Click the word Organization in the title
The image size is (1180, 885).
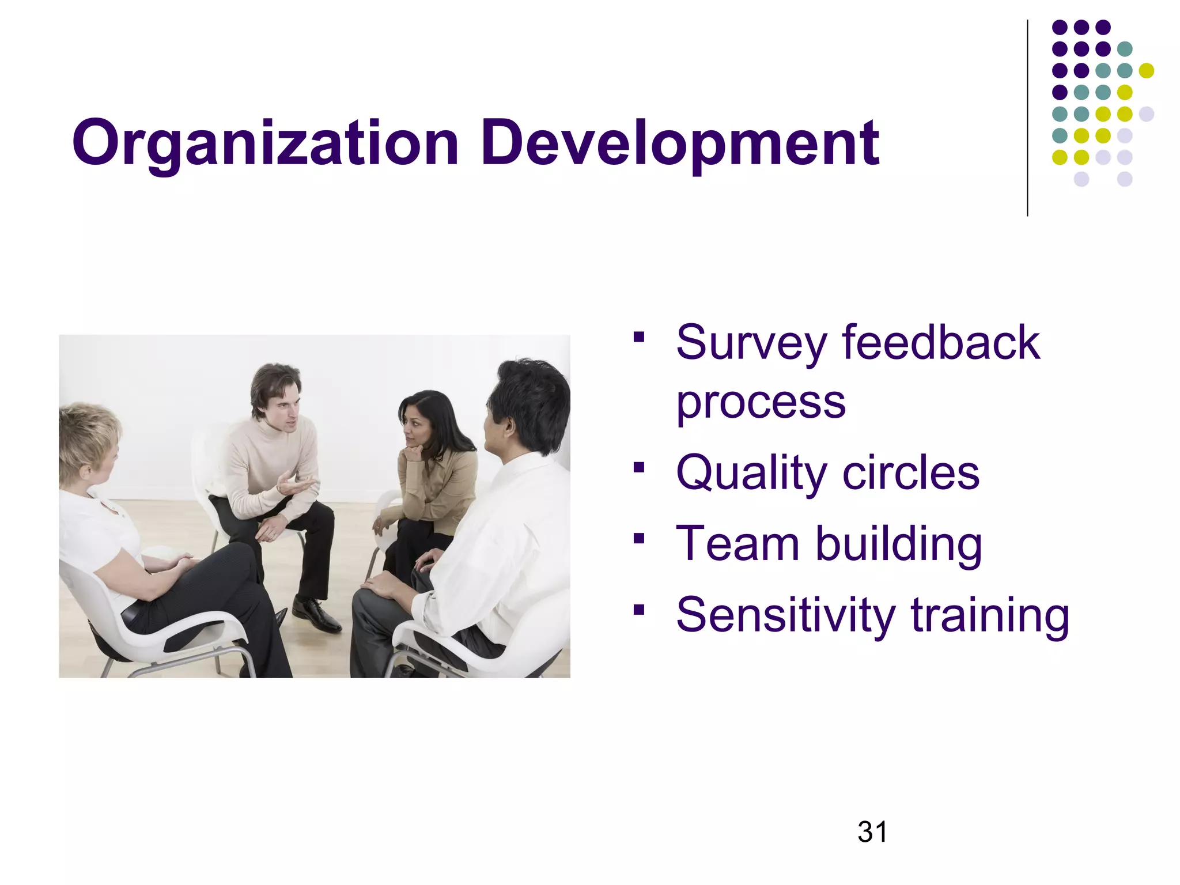tap(266, 143)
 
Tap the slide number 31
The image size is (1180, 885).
tap(872, 832)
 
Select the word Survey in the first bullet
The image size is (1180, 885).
tap(751, 343)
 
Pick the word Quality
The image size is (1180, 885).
tap(751, 474)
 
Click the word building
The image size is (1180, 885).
tap(899, 544)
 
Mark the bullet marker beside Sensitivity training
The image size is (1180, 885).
tap(638, 609)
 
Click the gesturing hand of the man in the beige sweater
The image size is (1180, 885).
tap(295, 486)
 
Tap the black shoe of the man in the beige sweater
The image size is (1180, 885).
tap(316, 615)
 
